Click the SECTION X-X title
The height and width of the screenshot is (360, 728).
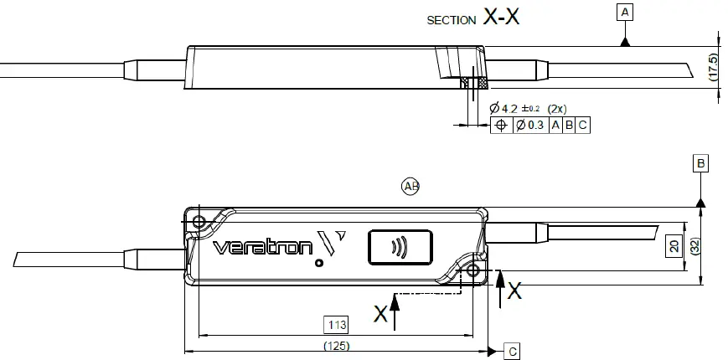point(473,18)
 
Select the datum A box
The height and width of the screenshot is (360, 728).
point(624,12)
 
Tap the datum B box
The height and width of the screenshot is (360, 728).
point(700,163)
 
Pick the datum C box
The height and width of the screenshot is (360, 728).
point(512,352)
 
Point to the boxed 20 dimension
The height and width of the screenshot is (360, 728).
point(674,246)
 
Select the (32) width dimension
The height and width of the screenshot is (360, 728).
point(694,245)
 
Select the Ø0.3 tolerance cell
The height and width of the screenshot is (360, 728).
point(530,126)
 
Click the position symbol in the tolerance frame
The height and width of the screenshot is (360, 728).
point(501,126)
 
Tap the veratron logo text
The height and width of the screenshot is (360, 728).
point(262,248)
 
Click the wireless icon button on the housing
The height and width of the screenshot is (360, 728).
point(400,248)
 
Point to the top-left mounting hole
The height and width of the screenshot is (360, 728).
point(199,222)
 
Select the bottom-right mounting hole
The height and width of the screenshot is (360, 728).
point(474,271)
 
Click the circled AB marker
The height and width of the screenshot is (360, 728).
point(410,186)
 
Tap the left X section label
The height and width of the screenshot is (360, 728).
point(381,314)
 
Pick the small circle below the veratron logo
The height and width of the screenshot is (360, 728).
point(318,262)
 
